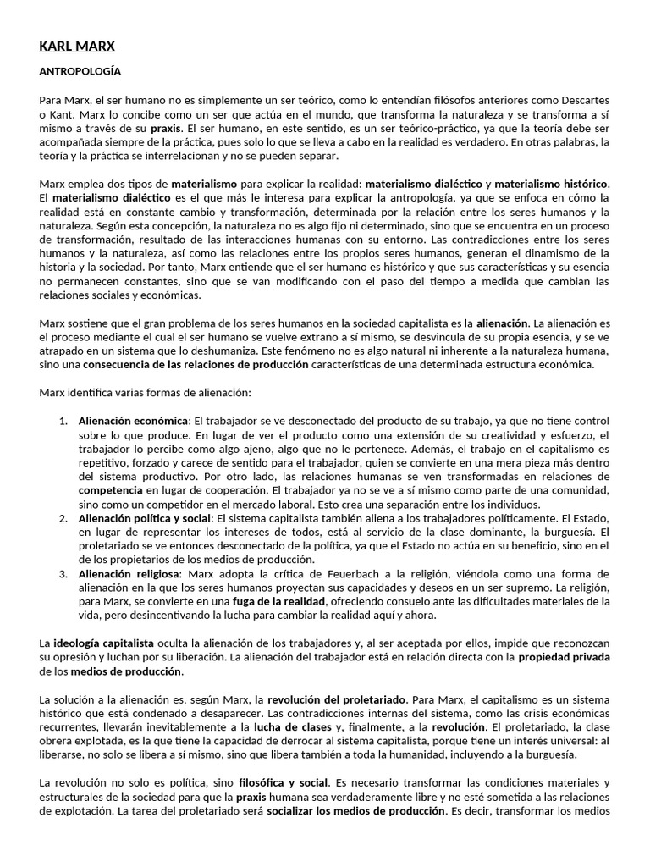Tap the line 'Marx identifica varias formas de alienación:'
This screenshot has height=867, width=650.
(145, 392)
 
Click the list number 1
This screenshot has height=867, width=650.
(63, 420)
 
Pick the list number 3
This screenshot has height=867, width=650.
(63, 572)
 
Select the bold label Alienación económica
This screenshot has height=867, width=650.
(133, 420)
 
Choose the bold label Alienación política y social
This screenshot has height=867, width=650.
(145, 517)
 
